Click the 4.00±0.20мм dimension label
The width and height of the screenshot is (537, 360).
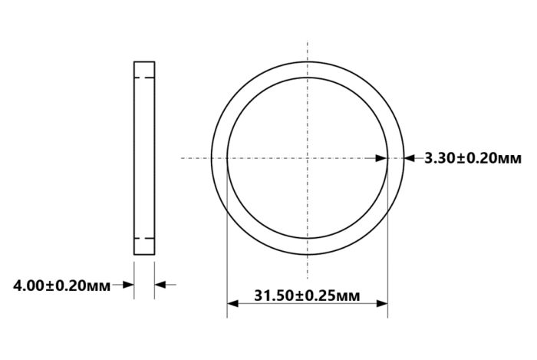(x=61, y=286)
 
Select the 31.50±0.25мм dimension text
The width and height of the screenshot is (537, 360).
(x=307, y=296)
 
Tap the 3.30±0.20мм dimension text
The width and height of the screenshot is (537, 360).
(x=473, y=158)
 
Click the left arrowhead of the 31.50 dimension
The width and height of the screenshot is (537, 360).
(x=232, y=303)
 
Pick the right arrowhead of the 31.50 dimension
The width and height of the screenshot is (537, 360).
(x=382, y=303)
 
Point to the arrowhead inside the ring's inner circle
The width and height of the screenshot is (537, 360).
(x=381, y=158)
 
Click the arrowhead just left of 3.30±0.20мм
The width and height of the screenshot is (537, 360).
(x=410, y=158)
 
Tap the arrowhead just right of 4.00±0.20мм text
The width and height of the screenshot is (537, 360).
(x=128, y=285)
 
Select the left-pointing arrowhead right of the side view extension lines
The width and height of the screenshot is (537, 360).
(x=160, y=285)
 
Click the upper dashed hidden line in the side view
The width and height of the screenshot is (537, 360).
(x=144, y=78)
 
